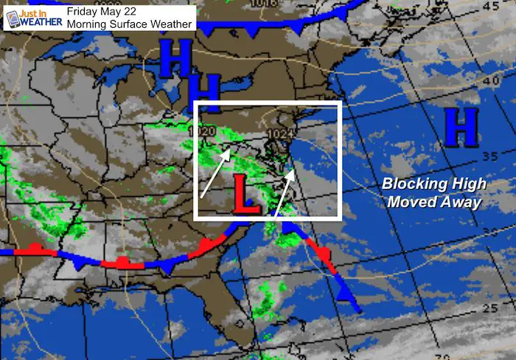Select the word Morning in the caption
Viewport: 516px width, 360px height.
pos(87,24)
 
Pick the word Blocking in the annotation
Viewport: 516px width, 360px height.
pos(405,185)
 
